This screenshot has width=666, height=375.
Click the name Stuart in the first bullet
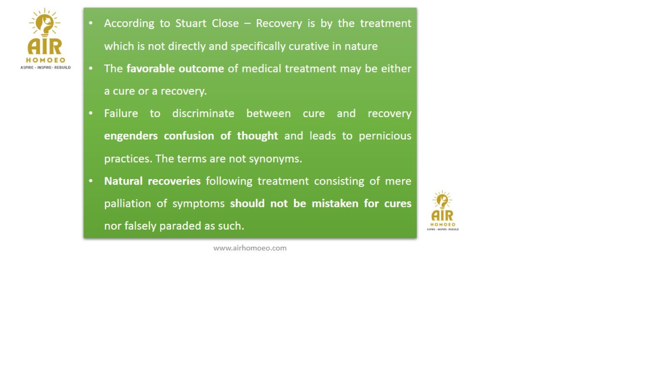click(191, 23)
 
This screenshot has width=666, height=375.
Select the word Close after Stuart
click(225, 23)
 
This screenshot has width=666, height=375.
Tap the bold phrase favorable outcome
click(175, 68)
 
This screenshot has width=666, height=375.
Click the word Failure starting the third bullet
click(121, 113)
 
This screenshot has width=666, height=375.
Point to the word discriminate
click(203, 113)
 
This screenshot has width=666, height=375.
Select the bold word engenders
click(131, 136)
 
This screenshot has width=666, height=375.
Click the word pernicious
click(385, 136)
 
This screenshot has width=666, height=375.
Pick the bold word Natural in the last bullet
click(123, 181)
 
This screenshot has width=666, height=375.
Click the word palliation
click(127, 204)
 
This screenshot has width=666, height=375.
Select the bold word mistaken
click(335, 204)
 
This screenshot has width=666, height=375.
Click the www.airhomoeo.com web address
click(250, 248)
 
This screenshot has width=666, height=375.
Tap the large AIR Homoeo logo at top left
click(45, 39)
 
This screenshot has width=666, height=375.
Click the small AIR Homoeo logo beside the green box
click(443, 210)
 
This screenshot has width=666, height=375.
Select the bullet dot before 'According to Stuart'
click(91, 23)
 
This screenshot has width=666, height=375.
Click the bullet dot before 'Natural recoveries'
click(91, 181)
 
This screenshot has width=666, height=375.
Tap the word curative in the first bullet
click(308, 46)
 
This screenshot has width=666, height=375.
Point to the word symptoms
click(198, 204)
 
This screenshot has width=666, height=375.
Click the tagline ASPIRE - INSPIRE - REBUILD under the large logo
click(45, 67)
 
